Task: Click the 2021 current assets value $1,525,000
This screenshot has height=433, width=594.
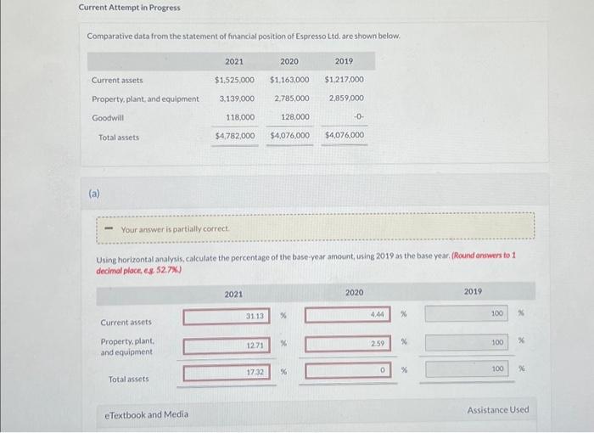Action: (234, 80)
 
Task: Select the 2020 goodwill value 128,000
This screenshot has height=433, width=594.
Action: (294, 117)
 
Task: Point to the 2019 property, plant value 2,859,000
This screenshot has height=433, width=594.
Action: (345, 98)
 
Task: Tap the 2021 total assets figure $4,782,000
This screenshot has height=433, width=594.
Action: (234, 136)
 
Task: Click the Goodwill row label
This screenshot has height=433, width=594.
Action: (108, 117)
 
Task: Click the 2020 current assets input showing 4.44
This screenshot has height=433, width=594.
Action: (347, 314)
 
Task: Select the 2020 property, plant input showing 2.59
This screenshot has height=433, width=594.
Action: (347, 343)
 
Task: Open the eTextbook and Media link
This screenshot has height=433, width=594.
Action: (146, 415)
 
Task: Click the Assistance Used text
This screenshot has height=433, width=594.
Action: (497, 410)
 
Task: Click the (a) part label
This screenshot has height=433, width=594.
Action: (94, 194)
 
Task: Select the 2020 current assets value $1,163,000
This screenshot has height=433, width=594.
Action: (289, 80)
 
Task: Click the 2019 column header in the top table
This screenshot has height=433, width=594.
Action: (344, 61)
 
